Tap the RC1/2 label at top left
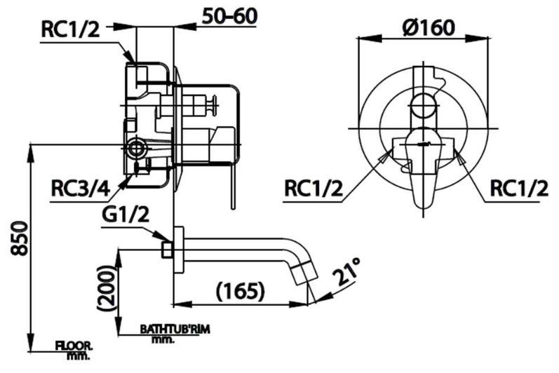70,29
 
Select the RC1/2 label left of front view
314,189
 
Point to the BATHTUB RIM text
175,328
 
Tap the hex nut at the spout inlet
167,249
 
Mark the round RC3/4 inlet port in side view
137,147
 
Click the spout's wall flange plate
178,249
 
